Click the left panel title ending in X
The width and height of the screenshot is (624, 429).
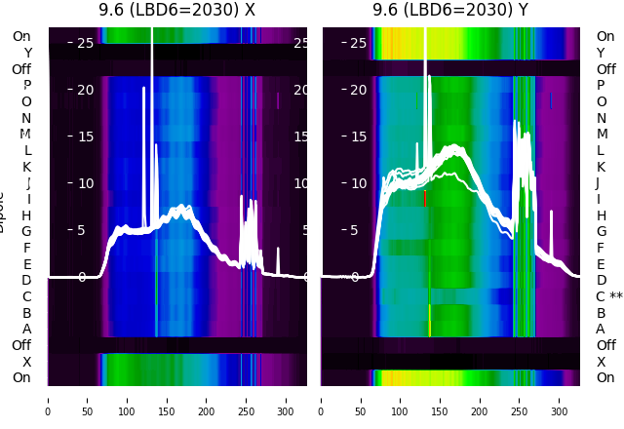(176, 10)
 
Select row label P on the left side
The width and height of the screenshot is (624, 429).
(26, 86)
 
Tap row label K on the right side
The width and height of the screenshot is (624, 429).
(601, 167)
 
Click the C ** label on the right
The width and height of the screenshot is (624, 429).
(608, 296)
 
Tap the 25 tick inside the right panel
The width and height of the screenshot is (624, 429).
(358, 43)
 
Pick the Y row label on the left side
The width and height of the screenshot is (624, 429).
(27, 54)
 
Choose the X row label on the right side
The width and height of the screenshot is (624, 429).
(601, 362)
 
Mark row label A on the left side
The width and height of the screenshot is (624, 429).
(26, 329)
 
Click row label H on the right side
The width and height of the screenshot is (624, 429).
(601, 215)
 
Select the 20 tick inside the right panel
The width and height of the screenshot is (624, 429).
(358, 90)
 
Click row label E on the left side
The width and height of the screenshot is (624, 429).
(26, 264)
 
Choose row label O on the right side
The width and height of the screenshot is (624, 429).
(601, 101)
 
